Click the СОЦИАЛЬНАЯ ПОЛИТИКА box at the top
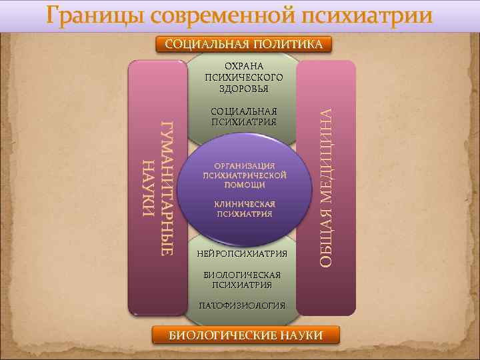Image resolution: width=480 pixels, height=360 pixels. point(244,45)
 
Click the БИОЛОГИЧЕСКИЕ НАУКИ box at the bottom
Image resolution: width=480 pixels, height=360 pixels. point(245,335)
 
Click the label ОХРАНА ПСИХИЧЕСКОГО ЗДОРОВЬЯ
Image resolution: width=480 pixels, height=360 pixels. point(244,77)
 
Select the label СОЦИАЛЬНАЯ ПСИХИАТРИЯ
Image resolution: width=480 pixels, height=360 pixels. point(244,117)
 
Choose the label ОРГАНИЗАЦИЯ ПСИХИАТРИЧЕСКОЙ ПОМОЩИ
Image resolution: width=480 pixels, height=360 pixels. point(244,175)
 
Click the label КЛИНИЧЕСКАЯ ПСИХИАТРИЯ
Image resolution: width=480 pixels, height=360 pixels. point(244,209)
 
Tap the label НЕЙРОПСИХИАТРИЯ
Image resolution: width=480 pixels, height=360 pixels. point(242,253)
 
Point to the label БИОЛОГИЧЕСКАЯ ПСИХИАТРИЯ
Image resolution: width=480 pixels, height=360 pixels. point(242,279)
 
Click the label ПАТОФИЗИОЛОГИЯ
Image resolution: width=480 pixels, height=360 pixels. point(242,305)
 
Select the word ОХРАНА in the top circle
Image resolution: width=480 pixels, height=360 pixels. point(244,67)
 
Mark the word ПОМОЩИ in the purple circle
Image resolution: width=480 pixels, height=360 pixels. point(244,185)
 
